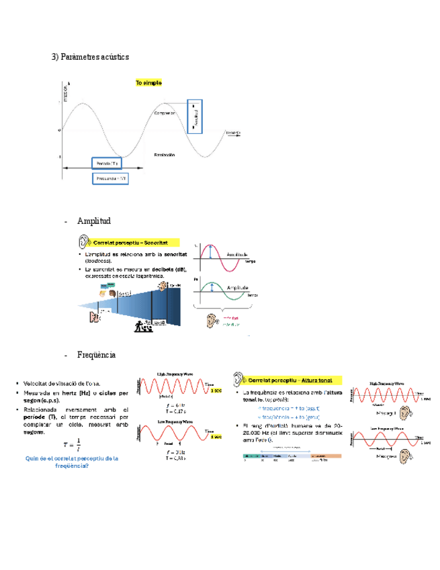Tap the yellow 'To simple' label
[148, 83]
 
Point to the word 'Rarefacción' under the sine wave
[164, 155]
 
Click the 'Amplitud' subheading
[93, 221]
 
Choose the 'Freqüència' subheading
[97, 354]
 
